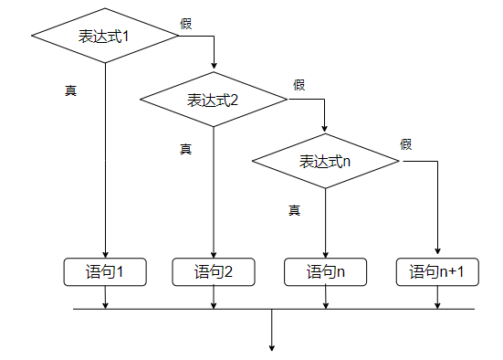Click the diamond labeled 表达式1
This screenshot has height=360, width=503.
pyautogui.click(x=105, y=36)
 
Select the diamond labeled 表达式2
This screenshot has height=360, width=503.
pyautogui.click(x=214, y=100)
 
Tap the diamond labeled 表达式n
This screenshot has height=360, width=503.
pyautogui.click(x=325, y=162)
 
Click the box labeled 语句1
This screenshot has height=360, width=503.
pyautogui.click(x=105, y=271)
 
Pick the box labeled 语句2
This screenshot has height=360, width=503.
pyautogui.click(x=214, y=271)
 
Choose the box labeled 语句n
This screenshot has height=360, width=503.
pyautogui.click(x=325, y=271)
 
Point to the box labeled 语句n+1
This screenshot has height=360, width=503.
pyautogui.click(x=437, y=271)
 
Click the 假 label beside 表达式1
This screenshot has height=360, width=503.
pyautogui.click(x=186, y=23)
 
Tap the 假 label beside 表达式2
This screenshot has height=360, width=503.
pyautogui.click(x=299, y=85)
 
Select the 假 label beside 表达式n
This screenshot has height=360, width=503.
pyautogui.click(x=406, y=144)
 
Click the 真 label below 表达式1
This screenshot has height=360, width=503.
pyautogui.click(x=70, y=90)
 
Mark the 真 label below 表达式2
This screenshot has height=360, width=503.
pyautogui.click(x=185, y=149)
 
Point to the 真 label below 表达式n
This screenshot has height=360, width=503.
pyautogui.click(x=294, y=210)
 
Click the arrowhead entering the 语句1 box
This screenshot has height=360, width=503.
pyautogui.click(x=105, y=255)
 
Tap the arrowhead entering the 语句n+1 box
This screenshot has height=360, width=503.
pyautogui.click(x=437, y=255)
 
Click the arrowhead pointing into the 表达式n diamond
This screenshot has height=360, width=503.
pyautogui.click(x=325, y=129)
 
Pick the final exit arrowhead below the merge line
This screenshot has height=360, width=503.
pyautogui.click(x=272, y=346)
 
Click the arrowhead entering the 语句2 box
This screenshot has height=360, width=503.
pyautogui.click(x=214, y=255)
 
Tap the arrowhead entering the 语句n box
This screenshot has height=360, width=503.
pyautogui.click(x=325, y=255)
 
